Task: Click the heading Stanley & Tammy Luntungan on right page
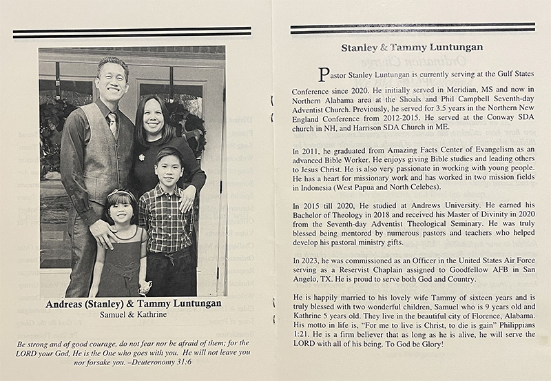412,48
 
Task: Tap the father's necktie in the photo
112,123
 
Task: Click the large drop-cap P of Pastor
318,74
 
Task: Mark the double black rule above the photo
132,32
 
